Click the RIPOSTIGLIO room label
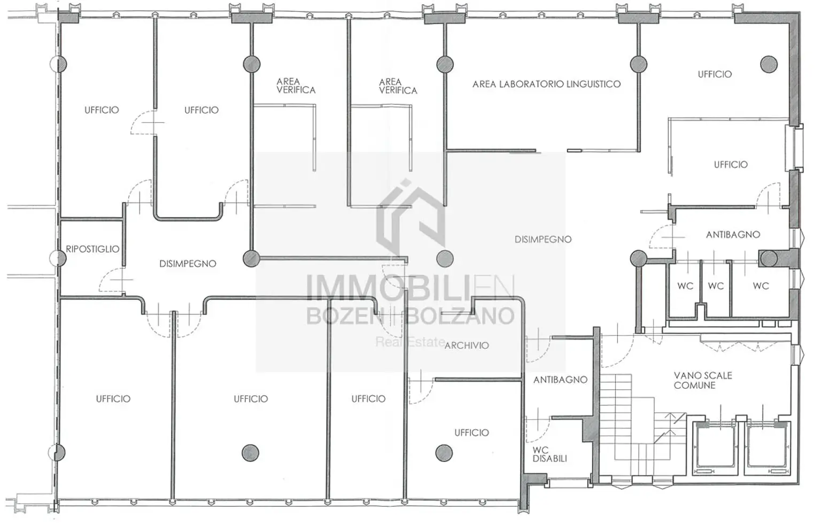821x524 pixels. click(x=92, y=249)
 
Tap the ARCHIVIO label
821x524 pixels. click(x=467, y=345)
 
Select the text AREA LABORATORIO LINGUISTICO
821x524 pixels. click(x=546, y=84)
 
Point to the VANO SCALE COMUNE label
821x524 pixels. click(x=703, y=380)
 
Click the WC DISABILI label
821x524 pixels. click(x=549, y=454)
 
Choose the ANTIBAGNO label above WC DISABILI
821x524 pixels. click(x=560, y=380)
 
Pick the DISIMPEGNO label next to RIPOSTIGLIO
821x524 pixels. click(x=188, y=264)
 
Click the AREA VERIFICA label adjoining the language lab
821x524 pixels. click(x=398, y=86)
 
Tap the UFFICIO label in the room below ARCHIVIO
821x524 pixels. click(x=471, y=433)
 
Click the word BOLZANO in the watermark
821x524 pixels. click(x=460, y=315)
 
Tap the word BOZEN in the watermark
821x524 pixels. click(x=345, y=315)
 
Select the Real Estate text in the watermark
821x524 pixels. click(x=410, y=342)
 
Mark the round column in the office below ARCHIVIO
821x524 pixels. click(x=444, y=453)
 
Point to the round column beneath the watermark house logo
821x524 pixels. click(x=445, y=259)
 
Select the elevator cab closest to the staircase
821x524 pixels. click(x=714, y=449)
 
